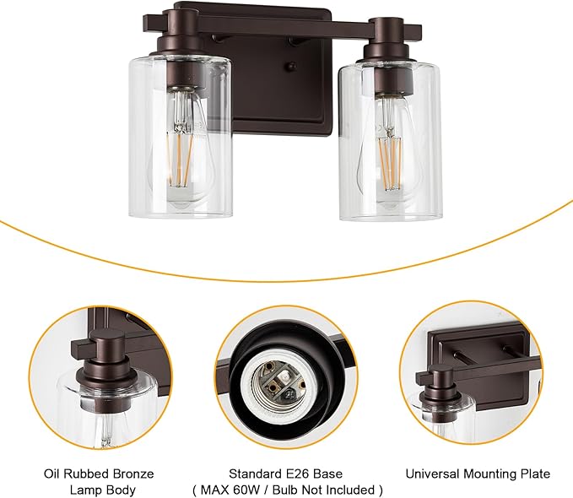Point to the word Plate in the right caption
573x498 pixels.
pos(534,474)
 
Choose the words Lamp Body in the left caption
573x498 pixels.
pos(98,490)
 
